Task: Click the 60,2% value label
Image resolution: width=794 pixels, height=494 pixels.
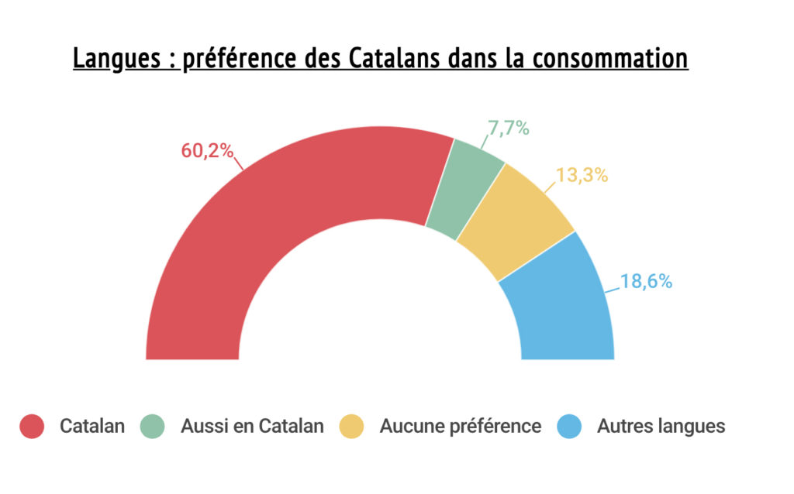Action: (x=207, y=150)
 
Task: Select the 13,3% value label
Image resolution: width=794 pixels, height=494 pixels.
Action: (x=582, y=175)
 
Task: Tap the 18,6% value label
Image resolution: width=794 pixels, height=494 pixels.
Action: (x=646, y=282)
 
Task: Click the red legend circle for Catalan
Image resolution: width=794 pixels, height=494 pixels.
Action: (x=32, y=426)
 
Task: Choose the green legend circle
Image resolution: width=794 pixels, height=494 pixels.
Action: (x=153, y=426)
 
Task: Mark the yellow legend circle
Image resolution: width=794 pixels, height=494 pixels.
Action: (x=352, y=426)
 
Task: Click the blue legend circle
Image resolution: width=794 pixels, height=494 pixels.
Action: (x=570, y=426)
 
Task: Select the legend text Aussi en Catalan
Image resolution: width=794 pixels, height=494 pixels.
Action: (x=252, y=426)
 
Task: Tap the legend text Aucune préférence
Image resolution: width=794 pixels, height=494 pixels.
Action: (x=460, y=426)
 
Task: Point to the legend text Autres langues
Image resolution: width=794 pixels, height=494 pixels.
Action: (x=661, y=426)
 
